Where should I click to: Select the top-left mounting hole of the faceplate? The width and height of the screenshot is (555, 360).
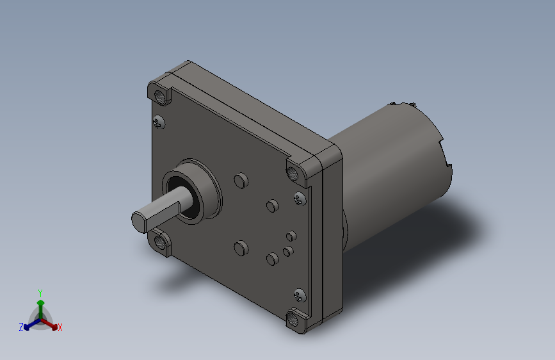tap(161, 96)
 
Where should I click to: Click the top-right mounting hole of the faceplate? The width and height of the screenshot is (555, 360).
tap(293, 173)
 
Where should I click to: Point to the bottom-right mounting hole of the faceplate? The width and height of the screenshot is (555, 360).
tap(293, 319)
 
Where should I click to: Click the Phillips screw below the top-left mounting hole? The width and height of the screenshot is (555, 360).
tap(159, 122)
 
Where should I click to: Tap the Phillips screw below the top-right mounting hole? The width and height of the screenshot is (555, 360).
tap(300, 199)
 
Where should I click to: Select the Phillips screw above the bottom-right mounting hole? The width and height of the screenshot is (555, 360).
tap(300, 295)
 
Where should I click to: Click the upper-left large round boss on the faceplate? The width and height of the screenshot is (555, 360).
tap(241, 181)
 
